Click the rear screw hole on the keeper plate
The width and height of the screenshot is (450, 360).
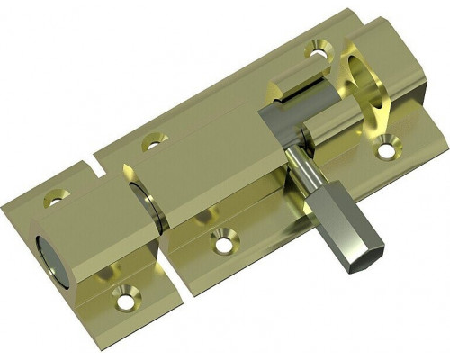pos(58,193)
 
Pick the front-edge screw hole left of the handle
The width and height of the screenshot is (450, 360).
pos(220,241)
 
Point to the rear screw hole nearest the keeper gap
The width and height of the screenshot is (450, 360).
pos(153,141)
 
